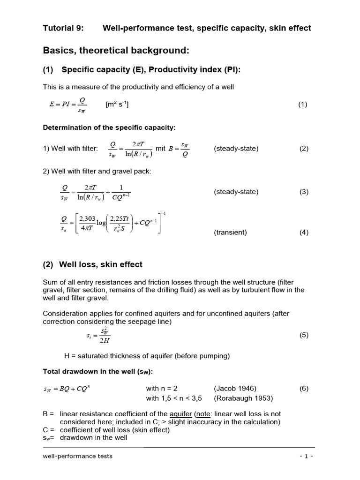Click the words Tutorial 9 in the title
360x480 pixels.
pyautogui.click(x=63, y=28)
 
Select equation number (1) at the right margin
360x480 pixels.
pyautogui.click(x=302, y=105)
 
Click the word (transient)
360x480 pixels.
pyautogui.click(x=230, y=232)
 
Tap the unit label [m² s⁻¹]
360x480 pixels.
pyautogui.click(x=118, y=104)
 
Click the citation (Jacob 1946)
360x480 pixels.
pyautogui.click(x=235, y=388)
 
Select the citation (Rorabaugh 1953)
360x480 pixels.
pyautogui.click(x=243, y=398)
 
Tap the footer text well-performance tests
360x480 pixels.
pyautogui.click(x=77, y=456)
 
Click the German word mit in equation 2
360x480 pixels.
pyautogui.click(x=161, y=149)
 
